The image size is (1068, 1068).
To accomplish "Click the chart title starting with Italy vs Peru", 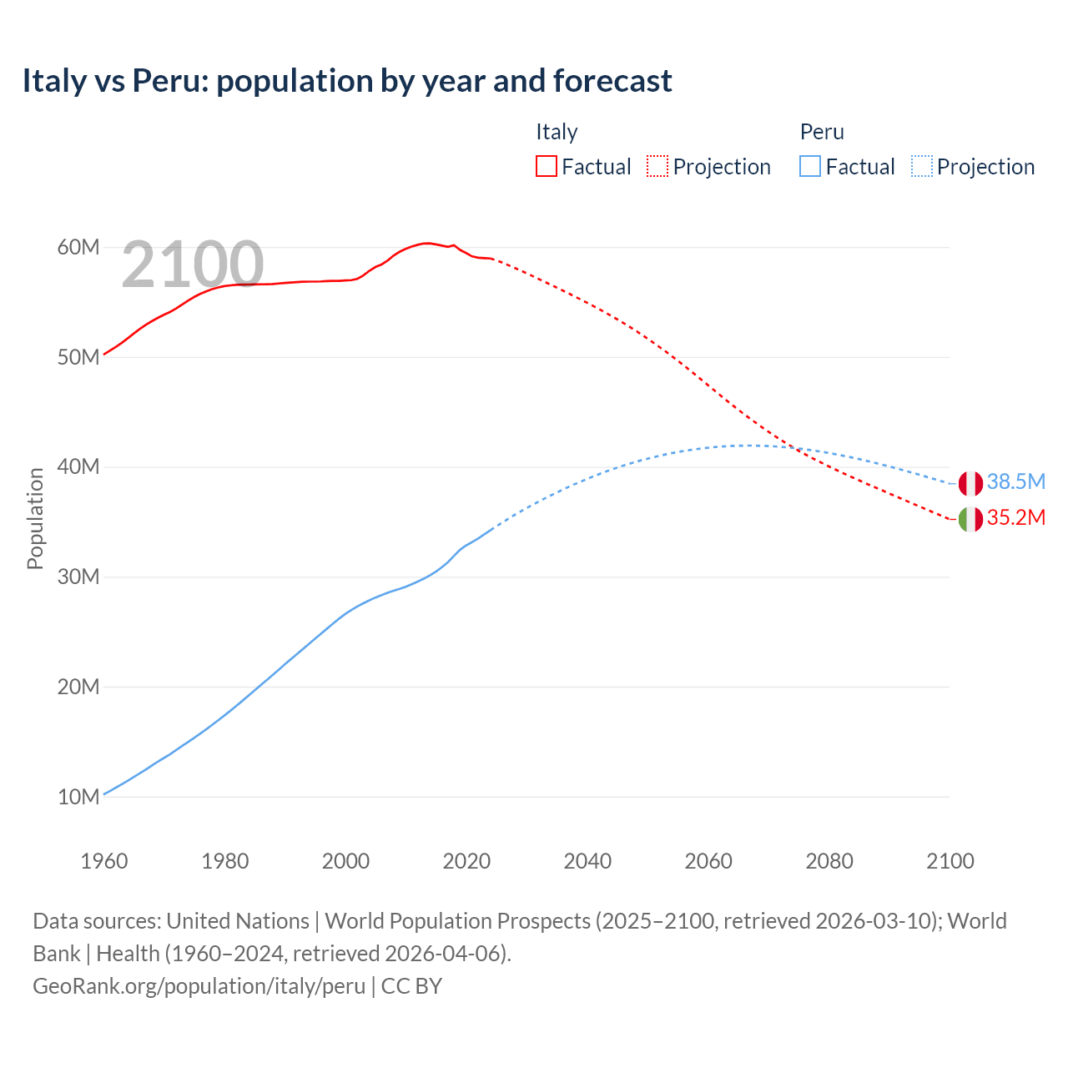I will (x=346, y=81).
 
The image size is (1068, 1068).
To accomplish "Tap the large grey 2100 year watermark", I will (x=193, y=264).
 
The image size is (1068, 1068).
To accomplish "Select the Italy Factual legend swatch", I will (x=546, y=166).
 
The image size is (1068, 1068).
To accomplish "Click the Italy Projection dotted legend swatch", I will (x=657, y=166).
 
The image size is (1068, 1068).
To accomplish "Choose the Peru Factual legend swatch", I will (x=810, y=166).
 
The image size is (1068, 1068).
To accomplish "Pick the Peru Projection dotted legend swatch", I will (x=921, y=166).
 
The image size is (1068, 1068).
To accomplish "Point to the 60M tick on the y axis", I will (x=78, y=247).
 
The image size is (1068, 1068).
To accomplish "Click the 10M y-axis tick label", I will (x=78, y=797).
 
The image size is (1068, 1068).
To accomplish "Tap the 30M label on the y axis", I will (x=78, y=577).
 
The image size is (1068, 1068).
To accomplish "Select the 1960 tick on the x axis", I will (x=104, y=861).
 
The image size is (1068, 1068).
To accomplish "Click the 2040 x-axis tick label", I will (x=587, y=861).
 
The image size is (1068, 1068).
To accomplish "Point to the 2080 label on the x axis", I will (x=829, y=861).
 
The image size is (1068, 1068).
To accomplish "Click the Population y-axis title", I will (x=35, y=518).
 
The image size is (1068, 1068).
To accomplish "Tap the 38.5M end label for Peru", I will (x=1015, y=481).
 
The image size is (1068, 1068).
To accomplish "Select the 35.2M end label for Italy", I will (x=1015, y=517).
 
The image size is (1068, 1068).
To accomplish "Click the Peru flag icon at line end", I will (x=970, y=483).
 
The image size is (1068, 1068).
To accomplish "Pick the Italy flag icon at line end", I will (x=970, y=519).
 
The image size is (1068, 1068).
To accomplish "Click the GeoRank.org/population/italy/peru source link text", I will (x=199, y=986).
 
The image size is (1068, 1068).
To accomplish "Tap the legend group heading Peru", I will (x=822, y=132).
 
